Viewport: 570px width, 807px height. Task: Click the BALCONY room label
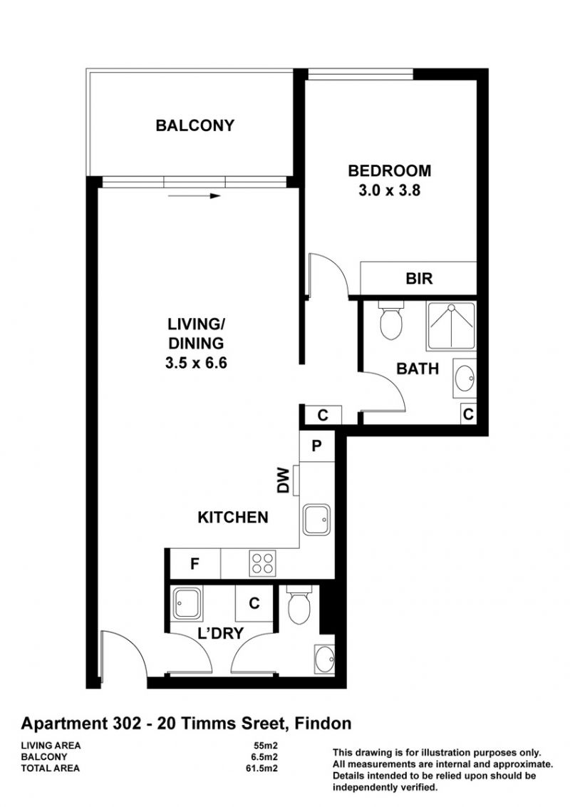point(195,125)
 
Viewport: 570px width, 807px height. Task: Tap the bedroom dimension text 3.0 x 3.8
point(390,190)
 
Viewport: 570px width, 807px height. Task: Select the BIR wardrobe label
point(419,279)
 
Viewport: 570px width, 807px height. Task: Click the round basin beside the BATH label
point(465,379)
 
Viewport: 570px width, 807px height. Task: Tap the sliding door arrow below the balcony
point(195,195)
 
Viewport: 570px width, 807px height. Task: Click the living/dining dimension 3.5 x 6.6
point(196,363)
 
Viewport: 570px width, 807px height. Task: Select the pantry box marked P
point(317,445)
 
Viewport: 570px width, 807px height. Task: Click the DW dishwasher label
point(284,480)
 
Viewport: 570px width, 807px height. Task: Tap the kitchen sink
point(316,520)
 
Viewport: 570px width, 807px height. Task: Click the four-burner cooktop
point(262,564)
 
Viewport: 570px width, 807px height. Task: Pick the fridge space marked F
point(195,564)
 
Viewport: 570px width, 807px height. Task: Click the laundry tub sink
point(186,603)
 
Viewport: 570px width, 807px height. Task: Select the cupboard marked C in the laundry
point(254,603)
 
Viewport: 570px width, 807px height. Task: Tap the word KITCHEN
point(233,518)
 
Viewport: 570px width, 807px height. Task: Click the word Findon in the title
point(323,724)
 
